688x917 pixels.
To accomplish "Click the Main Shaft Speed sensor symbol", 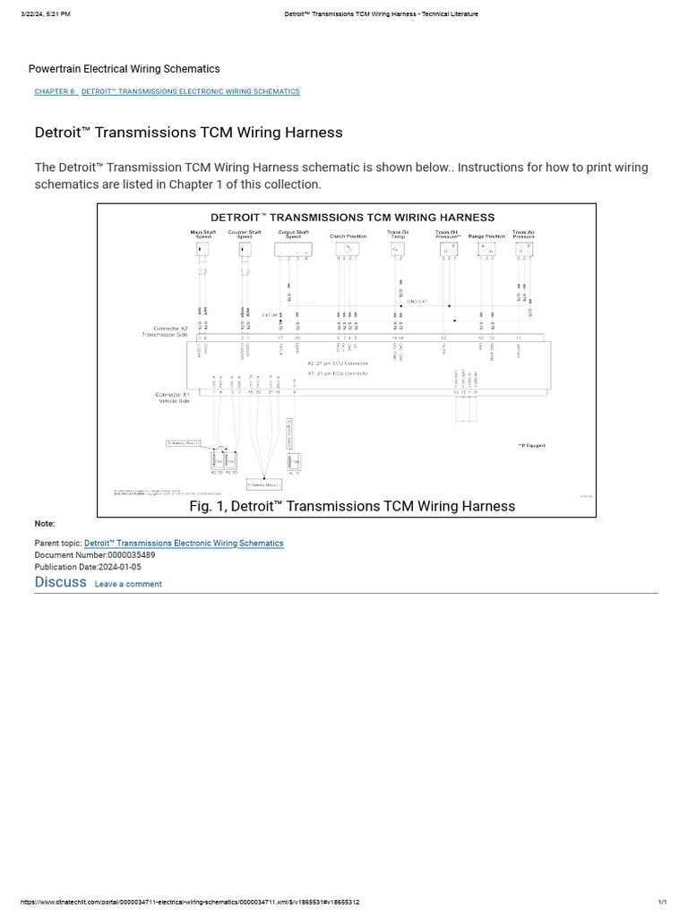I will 203,250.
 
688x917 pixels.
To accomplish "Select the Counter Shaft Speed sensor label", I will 245,235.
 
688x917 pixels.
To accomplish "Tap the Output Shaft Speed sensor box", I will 293,250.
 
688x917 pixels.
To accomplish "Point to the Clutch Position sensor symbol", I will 348,249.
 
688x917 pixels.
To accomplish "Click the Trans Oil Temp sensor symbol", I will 398,249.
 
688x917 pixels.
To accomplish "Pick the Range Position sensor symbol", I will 486,250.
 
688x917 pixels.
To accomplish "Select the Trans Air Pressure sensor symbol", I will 523,250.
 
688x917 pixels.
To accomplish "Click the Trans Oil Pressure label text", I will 447,235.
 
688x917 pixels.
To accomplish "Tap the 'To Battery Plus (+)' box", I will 184,443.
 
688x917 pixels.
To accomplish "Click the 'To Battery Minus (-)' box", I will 263,484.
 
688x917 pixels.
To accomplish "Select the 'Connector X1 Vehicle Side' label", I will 173,397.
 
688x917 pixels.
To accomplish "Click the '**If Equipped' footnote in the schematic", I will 531,445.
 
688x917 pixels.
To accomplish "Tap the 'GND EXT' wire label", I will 417,302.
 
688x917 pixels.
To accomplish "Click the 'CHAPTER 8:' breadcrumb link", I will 56,91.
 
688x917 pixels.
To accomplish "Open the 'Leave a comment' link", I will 128,584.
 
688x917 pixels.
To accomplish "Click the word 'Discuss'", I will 60,582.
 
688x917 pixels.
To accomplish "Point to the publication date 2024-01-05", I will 119,567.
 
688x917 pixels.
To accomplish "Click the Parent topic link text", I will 184,544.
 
